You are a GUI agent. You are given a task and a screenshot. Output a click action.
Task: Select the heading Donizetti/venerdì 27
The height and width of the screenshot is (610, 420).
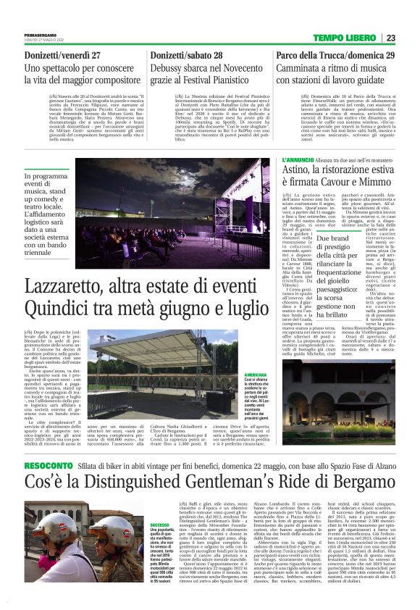pos(62,55)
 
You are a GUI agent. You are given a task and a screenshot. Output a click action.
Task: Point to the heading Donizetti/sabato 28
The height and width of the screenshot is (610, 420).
pos(193,55)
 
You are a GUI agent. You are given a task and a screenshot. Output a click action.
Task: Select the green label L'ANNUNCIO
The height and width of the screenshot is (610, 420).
pos(277,159)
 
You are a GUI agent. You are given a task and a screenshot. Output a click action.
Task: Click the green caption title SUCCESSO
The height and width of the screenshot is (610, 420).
pos(159,524)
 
